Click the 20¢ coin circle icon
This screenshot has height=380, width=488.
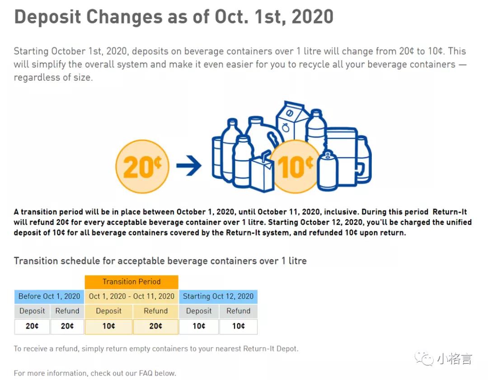pyautogui.click(x=142, y=167)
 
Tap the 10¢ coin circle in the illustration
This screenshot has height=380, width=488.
pyautogui.click(x=296, y=167)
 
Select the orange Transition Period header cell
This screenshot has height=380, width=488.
pyautogui.click(x=131, y=282)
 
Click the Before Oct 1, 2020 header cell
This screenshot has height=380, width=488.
pyautogui.click(x=49, y=296)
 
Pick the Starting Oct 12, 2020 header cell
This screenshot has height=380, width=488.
pyautogui.click(x=218, y=296)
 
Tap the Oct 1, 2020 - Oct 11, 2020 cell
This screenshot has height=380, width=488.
pyautogui.click(x=131, y=296)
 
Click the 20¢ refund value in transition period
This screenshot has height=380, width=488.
pyautogui.click(x=155, y=326)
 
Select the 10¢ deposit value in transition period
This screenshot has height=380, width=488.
pyautogui.click(x=108, y=326)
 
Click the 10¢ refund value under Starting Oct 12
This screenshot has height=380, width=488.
pyautogui.click(x=238, y=326)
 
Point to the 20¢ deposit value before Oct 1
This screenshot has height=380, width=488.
pyautogui.click(x=32, y=326)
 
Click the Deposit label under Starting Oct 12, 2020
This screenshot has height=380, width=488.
pyautogui.click(x=199, y=311)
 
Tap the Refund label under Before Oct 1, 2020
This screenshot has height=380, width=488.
pyautogui.click(x=67, y=311)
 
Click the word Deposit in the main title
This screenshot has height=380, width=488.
pyautogui.click(x=47, y=17)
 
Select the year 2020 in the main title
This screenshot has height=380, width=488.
pyautogui.click(x=312, y=17)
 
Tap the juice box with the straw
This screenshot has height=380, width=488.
pyautogui.click(x=262, y=174)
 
